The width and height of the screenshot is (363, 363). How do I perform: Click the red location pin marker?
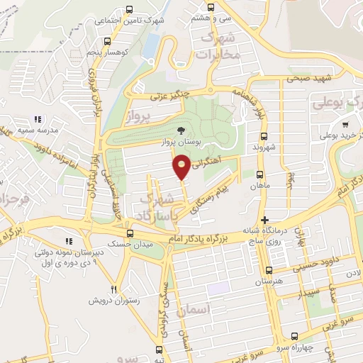pos(182,168)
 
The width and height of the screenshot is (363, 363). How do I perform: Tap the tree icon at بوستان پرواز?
pos(182,130)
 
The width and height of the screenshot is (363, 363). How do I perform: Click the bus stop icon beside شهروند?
pos(264,136)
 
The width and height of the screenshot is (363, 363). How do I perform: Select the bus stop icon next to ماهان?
pos(259,174)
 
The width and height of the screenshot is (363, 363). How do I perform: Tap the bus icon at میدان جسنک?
pos(130,233)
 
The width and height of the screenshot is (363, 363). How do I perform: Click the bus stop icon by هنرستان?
pos(268,270)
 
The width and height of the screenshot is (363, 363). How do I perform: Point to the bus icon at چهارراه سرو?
pos(295,338)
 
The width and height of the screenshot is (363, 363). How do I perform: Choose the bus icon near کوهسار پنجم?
pos(106,41)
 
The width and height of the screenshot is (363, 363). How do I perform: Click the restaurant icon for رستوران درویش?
pos(113,289)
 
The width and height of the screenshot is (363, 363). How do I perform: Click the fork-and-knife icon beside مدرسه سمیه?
pos(38,119)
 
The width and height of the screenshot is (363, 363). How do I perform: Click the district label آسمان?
pos(211,310)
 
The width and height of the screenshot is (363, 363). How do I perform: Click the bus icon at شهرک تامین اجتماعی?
pos(129,9)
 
